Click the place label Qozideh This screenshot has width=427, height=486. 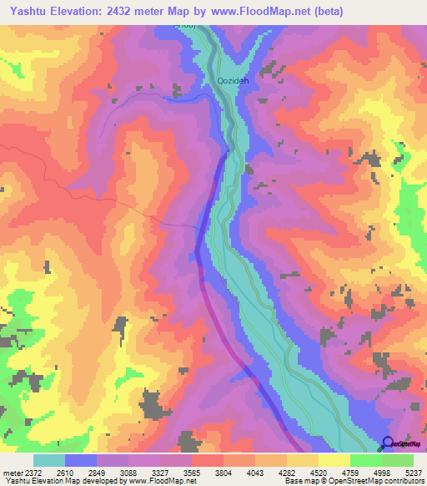[x=234, y=81]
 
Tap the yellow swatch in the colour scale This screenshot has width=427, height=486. [x=334, y=460]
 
